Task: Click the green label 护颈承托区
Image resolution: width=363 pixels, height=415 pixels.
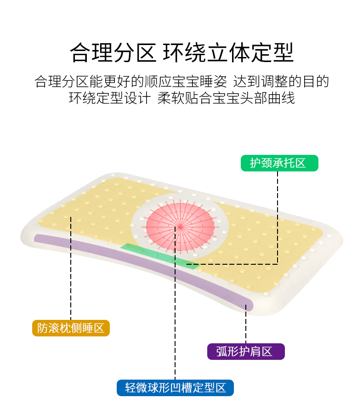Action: coord(279,163)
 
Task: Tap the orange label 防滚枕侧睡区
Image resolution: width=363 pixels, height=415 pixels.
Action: coord(71,328)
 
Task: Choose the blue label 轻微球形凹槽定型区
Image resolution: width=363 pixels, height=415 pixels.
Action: coord(175,387)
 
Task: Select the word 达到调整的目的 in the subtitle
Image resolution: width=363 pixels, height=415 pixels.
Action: coord(281,82)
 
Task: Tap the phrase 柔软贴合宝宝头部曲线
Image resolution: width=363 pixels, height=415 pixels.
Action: coord(226,98)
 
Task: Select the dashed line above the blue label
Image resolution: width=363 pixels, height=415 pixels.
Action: coord(175,322)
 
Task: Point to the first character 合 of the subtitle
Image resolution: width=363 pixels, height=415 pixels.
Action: coord(41,82)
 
